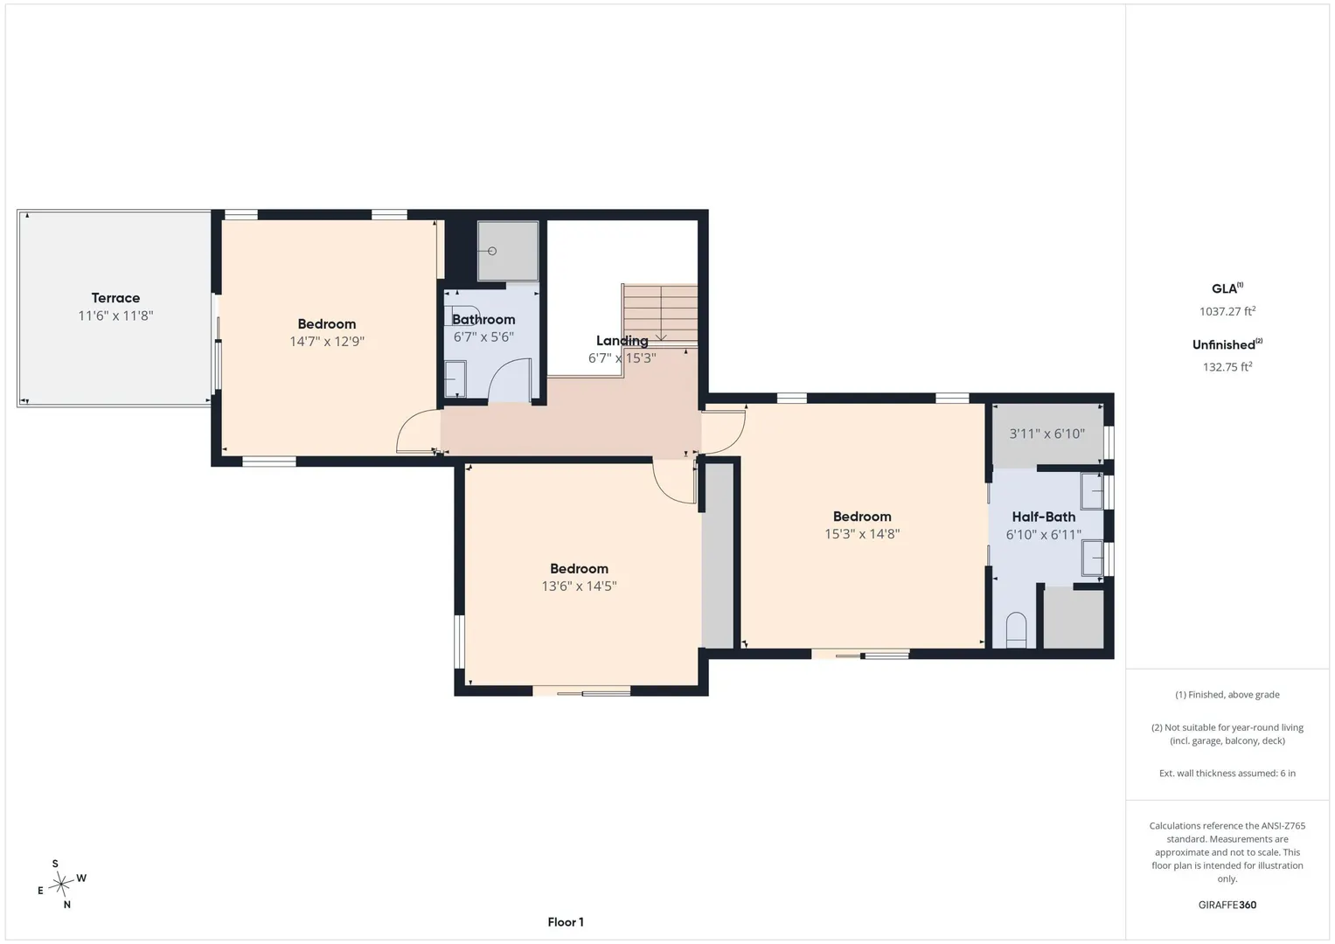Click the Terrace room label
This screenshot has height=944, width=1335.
point(115,298)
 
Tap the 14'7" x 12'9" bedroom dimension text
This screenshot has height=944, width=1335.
point(327,342)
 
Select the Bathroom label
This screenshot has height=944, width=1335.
point(483,319)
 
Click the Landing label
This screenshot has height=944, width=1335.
point(622,341)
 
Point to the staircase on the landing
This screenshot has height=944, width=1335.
point(660,315)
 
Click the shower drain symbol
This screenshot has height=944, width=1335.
point(491,251)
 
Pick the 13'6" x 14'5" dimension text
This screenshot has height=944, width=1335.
point(579,586)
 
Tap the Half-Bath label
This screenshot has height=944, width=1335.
point(1044,517)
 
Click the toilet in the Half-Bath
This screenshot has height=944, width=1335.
point(1016,630)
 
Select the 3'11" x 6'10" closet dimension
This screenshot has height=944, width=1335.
point(1046,434)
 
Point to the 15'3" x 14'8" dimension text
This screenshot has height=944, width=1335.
point(862,534)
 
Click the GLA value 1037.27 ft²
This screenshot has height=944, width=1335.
point(1227,311)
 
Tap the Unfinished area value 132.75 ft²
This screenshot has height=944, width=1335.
point(1227,367)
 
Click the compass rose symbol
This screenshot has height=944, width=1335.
point(61,885)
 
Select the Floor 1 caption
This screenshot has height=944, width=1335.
point(566,922)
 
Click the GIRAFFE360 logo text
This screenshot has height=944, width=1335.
point(1227,905)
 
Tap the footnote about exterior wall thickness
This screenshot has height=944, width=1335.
point(1227,773)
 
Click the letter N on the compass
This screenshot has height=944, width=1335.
point(67,905)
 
